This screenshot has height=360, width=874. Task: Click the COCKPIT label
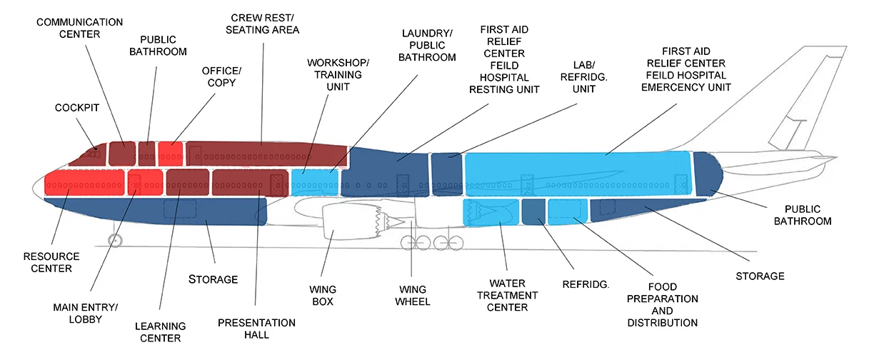click(x=76, y=108)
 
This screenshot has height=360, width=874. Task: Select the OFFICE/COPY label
click(x=221, y=77)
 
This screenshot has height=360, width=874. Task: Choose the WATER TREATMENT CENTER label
click(x=508, y=295)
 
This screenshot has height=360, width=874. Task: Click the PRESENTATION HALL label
click(x=256, y=328)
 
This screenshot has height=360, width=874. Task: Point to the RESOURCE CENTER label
click(x=51, y=262)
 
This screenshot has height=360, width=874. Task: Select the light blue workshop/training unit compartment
click(x=316, y=182)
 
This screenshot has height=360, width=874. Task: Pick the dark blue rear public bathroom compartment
click(x=707, y=171)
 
